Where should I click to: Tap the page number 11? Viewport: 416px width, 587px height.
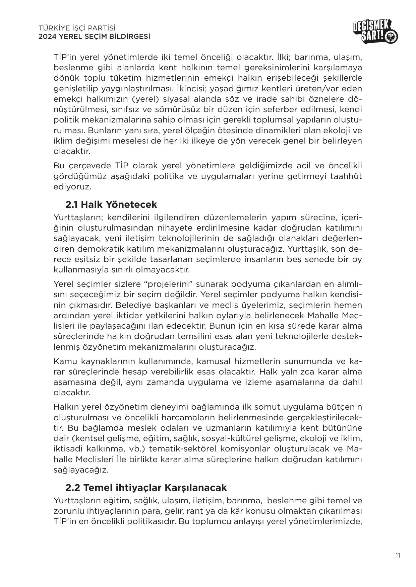pyautogui.click(x=398, y=556)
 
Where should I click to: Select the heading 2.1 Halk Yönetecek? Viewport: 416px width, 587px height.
pyautogui.click(x=111, y=204)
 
